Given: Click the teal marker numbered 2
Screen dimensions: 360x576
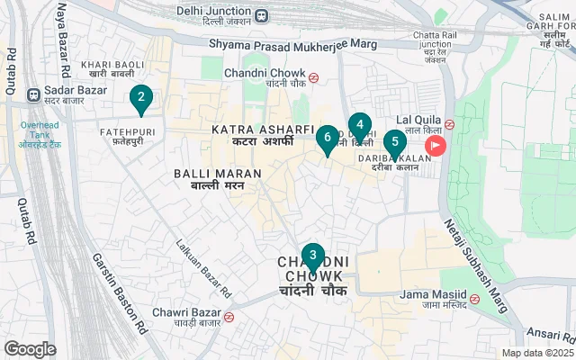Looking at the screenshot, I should [140, 99].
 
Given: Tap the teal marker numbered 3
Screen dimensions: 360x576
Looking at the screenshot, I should [312, 256].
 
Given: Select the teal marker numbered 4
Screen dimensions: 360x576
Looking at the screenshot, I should [359, 126].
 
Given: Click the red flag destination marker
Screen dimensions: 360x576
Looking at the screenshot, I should [436, 146].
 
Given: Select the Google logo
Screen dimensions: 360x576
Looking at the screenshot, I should [30, 348].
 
